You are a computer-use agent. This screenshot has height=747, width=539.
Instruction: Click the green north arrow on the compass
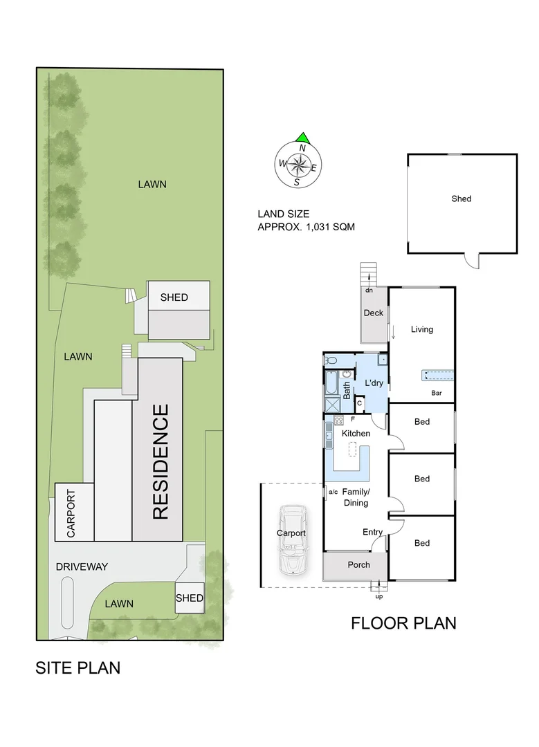302,138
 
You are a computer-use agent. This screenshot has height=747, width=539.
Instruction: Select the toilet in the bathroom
331,360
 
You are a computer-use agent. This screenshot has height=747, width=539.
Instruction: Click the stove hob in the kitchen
339,420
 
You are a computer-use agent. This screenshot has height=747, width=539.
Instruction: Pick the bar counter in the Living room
437,376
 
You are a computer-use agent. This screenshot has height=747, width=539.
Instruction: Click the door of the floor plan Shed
472,261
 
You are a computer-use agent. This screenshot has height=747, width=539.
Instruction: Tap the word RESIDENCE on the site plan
160,462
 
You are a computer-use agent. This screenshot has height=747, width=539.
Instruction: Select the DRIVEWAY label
82,566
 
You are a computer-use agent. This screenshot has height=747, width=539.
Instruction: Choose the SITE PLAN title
78,667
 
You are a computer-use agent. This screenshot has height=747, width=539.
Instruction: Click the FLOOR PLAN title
403,622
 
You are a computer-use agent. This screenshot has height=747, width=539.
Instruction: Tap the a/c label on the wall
332,492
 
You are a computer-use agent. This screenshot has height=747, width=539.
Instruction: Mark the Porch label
358,564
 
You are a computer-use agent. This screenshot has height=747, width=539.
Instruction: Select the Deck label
374,313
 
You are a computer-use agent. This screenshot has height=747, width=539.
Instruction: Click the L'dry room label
374,382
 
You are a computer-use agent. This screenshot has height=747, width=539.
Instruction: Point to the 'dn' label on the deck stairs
369,290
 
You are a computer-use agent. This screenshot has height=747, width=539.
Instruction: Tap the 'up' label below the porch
378,596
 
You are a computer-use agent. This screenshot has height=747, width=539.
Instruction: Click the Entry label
373,532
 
